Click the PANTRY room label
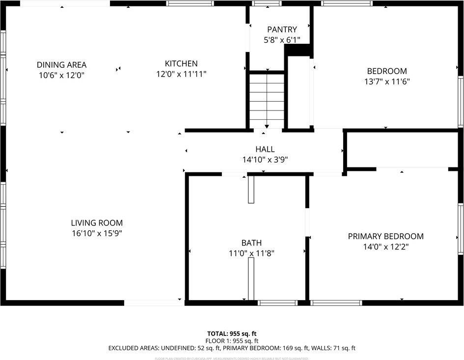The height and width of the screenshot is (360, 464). pos(281,29)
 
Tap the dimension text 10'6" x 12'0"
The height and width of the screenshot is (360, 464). pos(61,75)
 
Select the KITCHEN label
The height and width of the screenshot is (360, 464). pos(181,63)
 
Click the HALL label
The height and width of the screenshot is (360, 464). pos(265,149)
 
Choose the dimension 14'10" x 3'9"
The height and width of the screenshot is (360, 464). pos(265,160)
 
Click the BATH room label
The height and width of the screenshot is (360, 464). pos(251,243)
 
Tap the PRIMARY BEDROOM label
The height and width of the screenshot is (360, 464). pos(385,236)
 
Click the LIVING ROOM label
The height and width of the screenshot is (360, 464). pos(97,222)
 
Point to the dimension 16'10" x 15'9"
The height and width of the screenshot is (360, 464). pos(97,233)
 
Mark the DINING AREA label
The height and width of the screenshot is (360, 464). pos(61,65)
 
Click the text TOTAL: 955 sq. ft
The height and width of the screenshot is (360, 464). pos(232,333)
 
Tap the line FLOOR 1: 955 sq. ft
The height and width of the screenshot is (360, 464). pos(232,341)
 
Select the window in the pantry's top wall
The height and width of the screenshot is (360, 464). pos(267,3)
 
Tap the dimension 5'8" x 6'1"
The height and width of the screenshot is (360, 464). pos(281,40)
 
